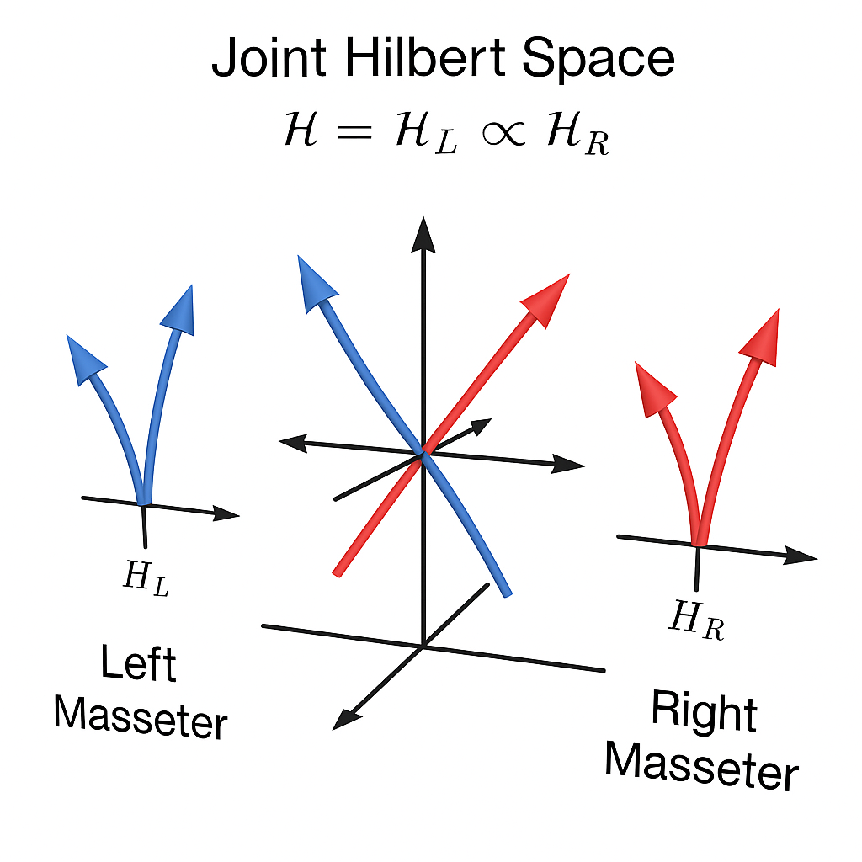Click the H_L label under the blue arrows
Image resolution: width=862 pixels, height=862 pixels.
click(x=146, y=578)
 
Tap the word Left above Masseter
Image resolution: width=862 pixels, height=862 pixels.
click(x=139, y=664)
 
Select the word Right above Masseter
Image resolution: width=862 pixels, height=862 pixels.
click(x=704, y=712)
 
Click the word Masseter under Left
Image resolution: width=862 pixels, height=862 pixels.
click(x=141, y=716)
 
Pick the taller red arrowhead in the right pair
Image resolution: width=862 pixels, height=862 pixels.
click(x=763, y=336)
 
